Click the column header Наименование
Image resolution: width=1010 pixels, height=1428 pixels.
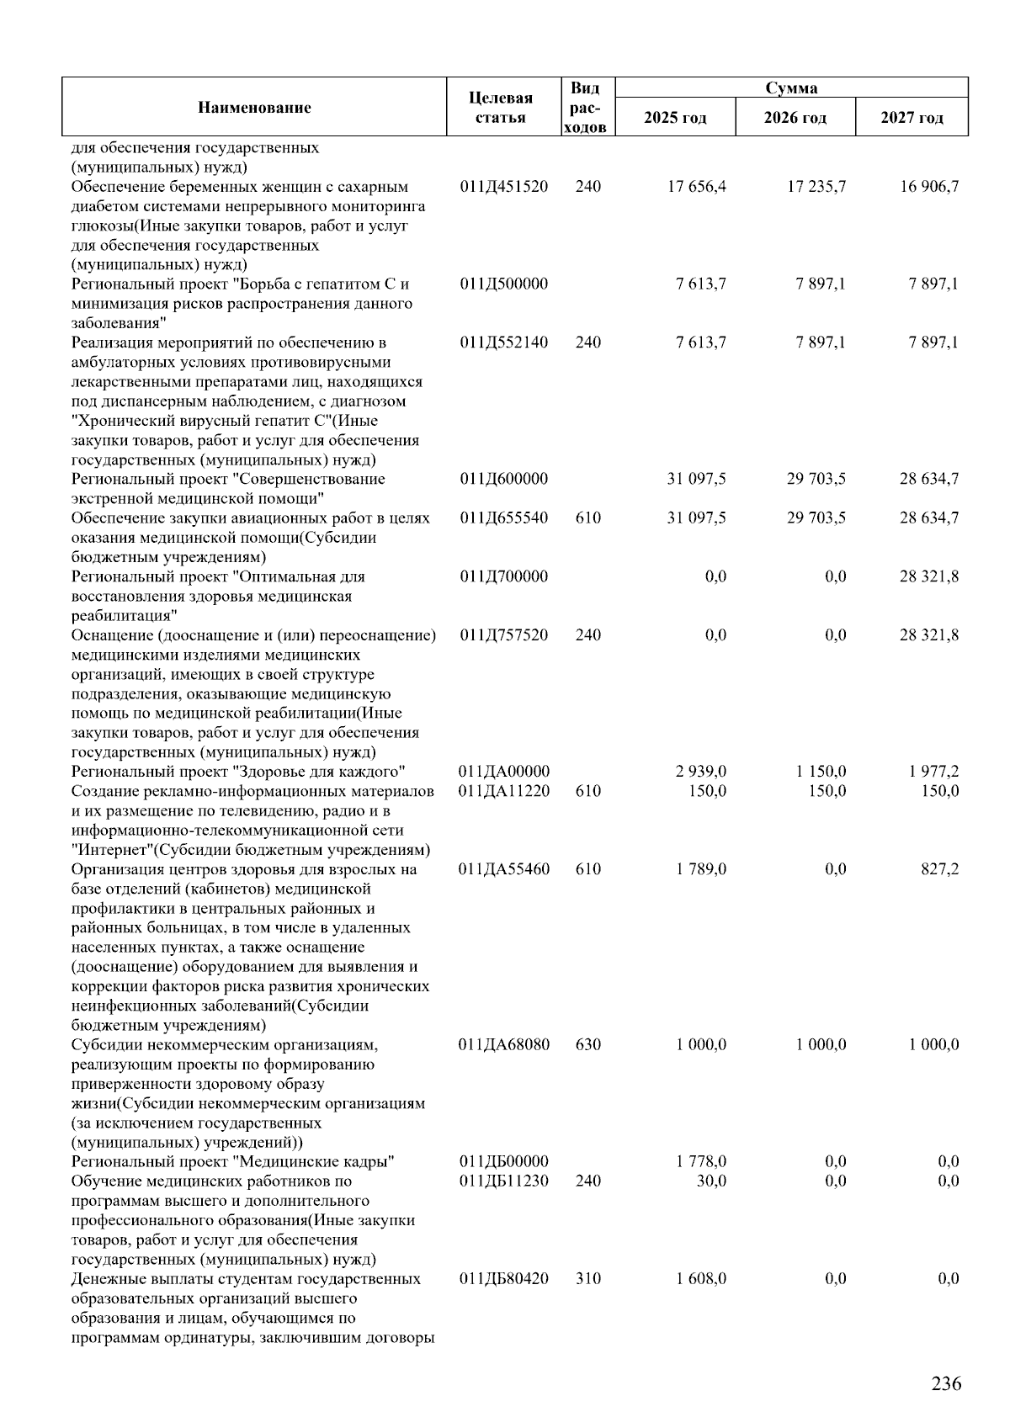click(254, 107)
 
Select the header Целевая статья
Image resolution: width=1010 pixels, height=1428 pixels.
click(500, 108)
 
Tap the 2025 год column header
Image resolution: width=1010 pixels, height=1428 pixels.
click(675, 117)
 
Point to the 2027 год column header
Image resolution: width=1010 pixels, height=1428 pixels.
click(912, 117)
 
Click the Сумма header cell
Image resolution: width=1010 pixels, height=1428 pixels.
click(790, 88)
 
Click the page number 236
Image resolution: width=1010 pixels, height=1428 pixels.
click(946, 1383)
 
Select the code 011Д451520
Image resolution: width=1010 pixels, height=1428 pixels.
click(504, 187)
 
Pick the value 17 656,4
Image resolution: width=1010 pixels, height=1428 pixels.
click(697, 187)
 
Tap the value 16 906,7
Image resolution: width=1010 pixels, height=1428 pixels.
click(929, 187)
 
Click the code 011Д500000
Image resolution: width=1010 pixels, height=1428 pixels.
click(504, 284)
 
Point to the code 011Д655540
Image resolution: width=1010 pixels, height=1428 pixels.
click(504, 518)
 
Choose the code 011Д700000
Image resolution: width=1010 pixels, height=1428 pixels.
click(504, 576)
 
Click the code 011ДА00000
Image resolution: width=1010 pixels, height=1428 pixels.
click(504, 772)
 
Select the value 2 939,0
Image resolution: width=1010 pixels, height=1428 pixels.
click(701, 772)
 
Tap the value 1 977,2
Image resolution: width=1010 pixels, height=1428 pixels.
click(933, 772)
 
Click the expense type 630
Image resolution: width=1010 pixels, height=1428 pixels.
click(588, 1044)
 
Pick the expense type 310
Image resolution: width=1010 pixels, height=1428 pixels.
click(588, 1278)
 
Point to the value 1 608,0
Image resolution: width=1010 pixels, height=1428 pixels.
click(701, 1278)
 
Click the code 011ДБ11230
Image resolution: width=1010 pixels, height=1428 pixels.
click(504, 1181)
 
